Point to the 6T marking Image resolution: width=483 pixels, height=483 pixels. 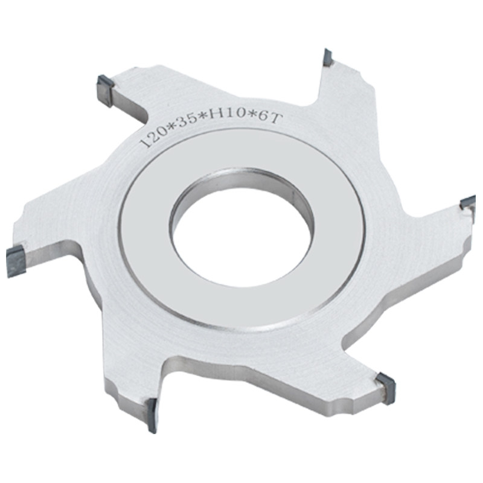(x=271, y=118)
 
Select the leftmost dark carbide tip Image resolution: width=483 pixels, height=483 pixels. (x=17, y=261)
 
